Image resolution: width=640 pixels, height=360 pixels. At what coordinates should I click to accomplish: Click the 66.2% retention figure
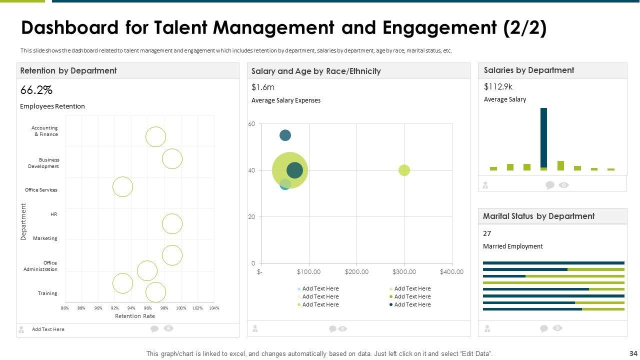(36, 90)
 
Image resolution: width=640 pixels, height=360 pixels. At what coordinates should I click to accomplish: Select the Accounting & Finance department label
(45, 131)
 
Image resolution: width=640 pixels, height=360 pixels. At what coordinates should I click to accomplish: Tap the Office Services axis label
(41, 190)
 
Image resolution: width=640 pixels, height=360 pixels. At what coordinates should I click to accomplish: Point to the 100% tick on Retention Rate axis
(181, 308)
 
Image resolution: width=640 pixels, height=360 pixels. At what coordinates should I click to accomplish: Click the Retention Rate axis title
(135, 316)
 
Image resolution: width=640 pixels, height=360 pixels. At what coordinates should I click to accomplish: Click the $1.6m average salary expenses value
(263, 87)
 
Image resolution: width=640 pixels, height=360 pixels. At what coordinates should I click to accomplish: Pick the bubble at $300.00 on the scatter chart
(404, 170)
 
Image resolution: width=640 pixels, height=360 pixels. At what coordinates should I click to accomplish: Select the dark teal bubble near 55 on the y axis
(285, 135)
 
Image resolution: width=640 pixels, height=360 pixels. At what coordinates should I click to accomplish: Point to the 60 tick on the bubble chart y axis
(251, 124)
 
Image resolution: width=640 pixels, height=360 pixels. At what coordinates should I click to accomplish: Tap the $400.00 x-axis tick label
(451, 272)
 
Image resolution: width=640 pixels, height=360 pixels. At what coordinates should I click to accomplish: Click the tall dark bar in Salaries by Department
(543, 137)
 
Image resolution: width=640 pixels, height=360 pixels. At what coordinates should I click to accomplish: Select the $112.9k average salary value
(498, 86)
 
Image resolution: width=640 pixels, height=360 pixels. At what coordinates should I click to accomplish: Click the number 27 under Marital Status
(487, 233)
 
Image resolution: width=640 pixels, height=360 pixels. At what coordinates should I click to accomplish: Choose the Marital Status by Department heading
(538, 216)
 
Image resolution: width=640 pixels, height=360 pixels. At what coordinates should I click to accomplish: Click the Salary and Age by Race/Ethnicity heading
(316, 71)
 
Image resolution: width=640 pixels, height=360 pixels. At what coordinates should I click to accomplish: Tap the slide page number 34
(633, 353)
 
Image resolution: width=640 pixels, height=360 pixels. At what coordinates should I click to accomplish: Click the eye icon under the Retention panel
(169, 328)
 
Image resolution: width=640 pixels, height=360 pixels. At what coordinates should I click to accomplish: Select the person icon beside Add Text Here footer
(21, 329)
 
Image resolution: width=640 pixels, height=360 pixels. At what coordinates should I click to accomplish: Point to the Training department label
(47, 293)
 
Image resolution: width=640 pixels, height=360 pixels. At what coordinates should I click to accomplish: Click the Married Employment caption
(512, 246)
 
